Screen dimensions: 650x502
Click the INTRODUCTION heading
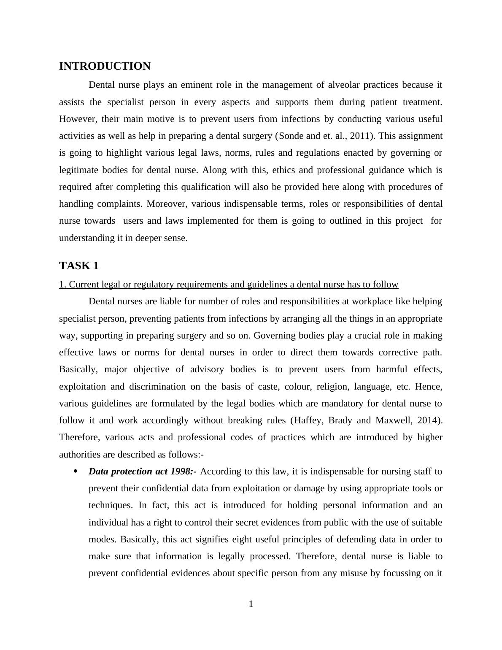click(105, 66)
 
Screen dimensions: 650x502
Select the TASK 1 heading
click(79, 265)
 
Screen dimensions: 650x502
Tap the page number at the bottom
click(251, 604)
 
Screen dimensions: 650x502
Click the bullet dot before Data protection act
click(76, 471)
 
